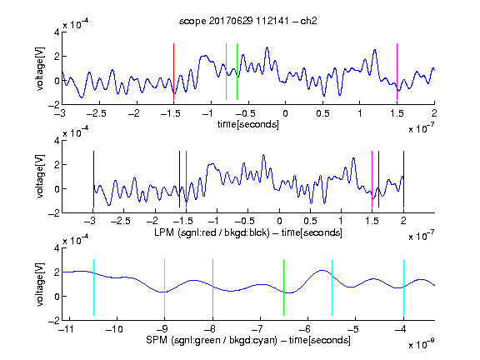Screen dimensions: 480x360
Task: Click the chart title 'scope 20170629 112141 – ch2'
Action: tap(248, 21)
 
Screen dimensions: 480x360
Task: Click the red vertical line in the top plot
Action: tap(173, 72)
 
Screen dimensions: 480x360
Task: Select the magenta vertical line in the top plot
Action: tap(397, 72)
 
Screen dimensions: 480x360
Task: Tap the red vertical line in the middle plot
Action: tap(186, 179)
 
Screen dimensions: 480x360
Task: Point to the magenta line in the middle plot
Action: tap(372, 179)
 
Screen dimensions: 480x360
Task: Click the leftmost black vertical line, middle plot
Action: tap(93, 179)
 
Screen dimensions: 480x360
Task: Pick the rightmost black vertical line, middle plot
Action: tap(403, 179)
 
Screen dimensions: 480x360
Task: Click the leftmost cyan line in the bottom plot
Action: tap(93, 287)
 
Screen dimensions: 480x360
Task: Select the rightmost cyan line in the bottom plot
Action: tap(403, 287)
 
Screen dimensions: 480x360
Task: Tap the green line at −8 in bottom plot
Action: tap(212, 287)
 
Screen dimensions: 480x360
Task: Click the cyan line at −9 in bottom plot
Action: tap(164, 287)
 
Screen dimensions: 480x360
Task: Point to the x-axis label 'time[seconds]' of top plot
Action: tap(248, 124)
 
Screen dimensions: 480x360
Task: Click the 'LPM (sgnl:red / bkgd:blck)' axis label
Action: tap(212, 232)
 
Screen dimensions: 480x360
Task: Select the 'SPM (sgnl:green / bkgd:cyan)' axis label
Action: tap(212, 340)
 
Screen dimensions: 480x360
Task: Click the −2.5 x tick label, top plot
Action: tap(96, 113)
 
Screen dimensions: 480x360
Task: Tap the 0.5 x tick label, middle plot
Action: tap(310, 221)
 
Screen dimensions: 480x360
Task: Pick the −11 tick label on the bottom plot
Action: tap(67, 329)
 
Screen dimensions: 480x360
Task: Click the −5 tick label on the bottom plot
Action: tap(354, 329)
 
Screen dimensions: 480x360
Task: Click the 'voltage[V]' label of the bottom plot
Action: tap(40, 284)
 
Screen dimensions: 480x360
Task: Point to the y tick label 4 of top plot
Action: tap(57, 32)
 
